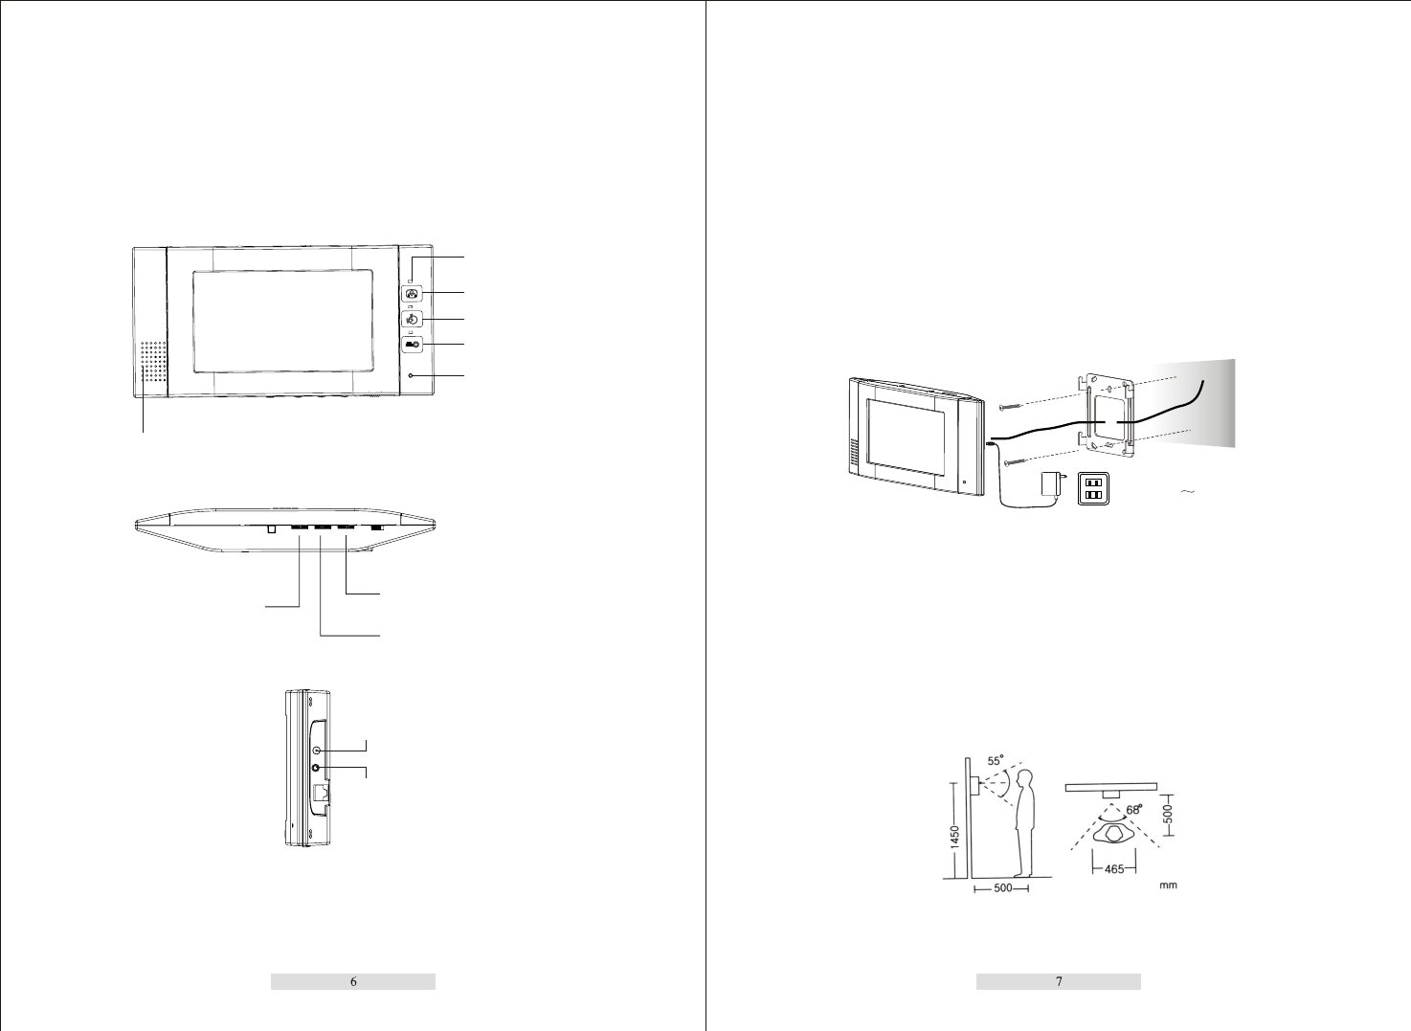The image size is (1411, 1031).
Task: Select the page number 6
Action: pos(353,981)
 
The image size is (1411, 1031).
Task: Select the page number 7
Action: pos(1059,981)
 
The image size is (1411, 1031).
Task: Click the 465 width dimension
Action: pos(1114,869)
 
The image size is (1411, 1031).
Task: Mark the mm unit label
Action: pos(1168,885)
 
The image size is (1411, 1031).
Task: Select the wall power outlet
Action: pos(1094,489)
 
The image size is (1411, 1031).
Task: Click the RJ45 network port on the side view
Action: pos(320,794)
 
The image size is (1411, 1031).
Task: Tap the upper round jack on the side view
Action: pos(317,749)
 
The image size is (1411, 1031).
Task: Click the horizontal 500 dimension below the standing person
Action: pos(1001,888)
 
